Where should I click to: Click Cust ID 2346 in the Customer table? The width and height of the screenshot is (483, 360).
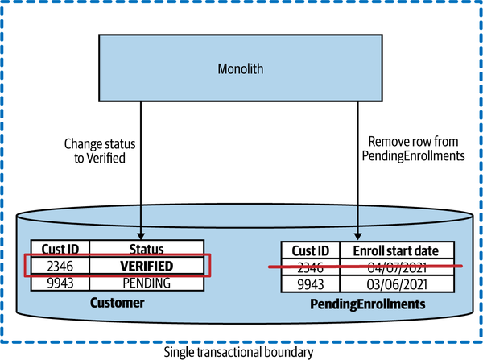pos(60,265)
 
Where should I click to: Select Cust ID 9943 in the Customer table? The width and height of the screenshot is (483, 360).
pos(60,283)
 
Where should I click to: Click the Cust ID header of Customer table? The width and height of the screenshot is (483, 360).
pos(60,249)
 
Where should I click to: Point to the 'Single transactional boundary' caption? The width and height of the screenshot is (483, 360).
pos(239,352)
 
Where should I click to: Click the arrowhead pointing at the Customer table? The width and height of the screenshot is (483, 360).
pos(141,232)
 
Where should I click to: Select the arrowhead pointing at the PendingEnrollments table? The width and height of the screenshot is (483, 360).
pos(355,234)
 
